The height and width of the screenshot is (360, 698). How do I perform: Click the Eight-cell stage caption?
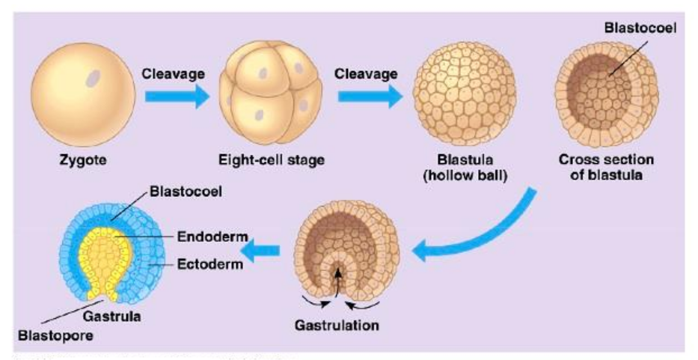[272, 159]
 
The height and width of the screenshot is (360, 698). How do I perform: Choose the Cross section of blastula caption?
[606, 167]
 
